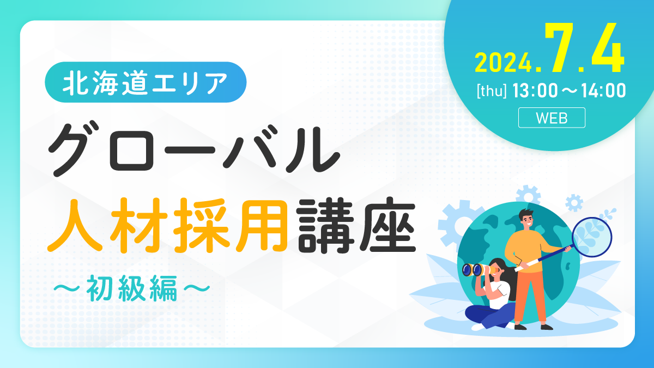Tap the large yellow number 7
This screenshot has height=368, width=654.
[x=564, y=47]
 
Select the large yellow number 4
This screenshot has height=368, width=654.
[x=608, y=47]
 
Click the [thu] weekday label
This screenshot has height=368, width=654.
[x=492, y=91]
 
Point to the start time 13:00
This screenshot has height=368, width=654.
[x=535, y=91]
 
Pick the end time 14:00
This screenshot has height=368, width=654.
[x=603, y=91]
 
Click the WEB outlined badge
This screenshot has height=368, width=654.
[x=552, y=118]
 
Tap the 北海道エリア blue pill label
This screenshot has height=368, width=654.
[x=146, y=82]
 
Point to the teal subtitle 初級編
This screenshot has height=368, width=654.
[x=132, y=288]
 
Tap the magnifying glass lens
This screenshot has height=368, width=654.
[x=592, y=237]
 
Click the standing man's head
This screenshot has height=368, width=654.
[x=526, y=219]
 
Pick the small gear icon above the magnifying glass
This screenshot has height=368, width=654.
[x=574, y=203]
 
